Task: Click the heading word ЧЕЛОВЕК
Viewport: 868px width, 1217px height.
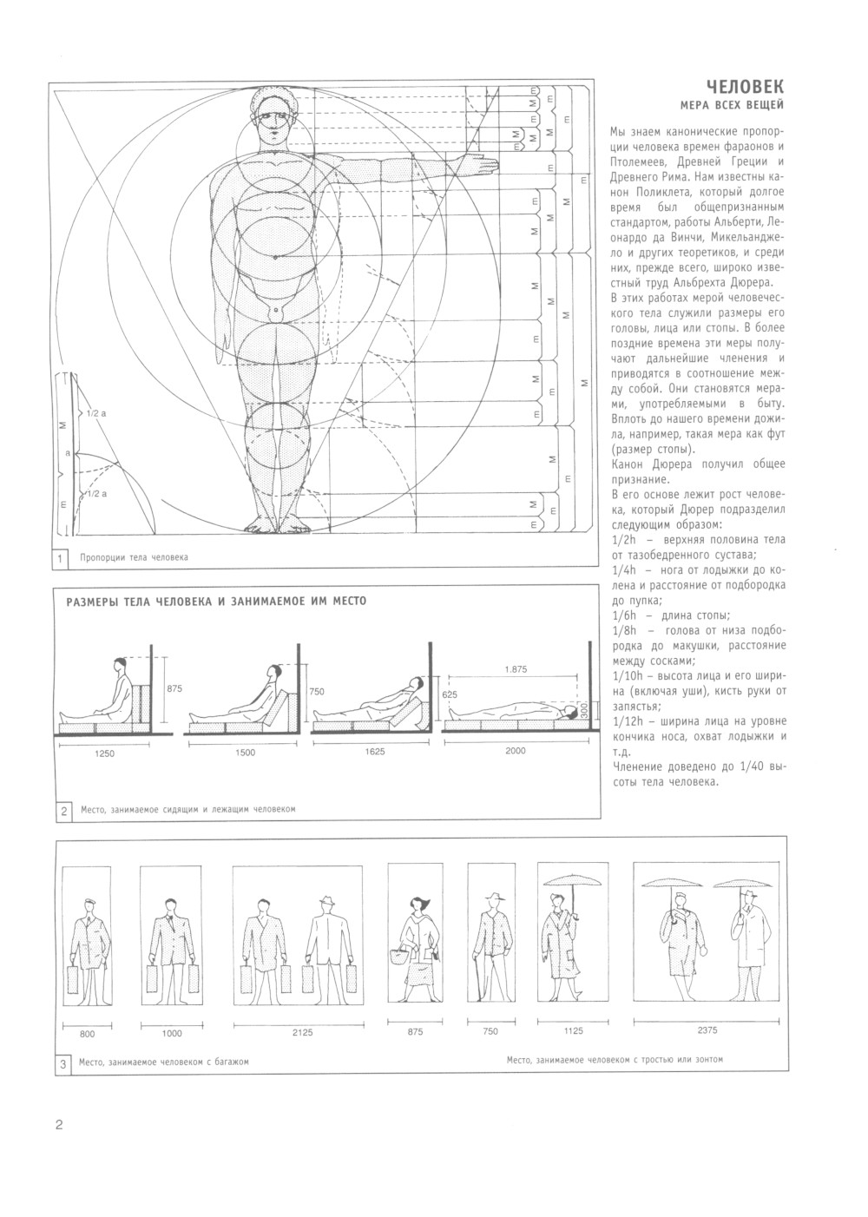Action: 744,87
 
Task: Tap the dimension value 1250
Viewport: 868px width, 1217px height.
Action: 104,753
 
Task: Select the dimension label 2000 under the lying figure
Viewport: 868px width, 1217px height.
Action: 515,751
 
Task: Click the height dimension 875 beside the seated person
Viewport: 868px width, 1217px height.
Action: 174,688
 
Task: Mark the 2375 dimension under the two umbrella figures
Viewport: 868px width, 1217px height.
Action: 708,1030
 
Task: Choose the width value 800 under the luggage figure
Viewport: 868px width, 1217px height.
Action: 87,1034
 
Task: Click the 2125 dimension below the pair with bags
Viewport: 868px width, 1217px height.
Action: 301,1032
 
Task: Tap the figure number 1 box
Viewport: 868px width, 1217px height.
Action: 60,557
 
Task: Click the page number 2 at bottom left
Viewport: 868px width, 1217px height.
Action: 59,1126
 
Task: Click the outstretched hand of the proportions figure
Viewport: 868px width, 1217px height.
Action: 483,161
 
